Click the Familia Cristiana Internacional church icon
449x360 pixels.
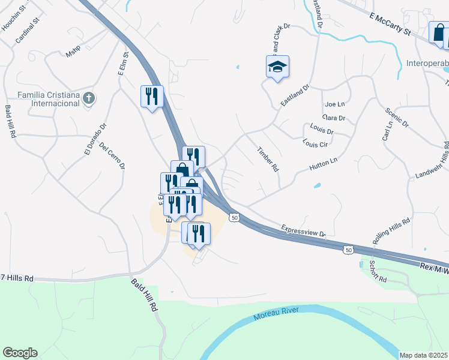pyautogui.click(x=89, y=98)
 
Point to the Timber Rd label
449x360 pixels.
pyautogui.click(x=268, y=160)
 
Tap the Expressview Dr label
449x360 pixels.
pyautogui.click(x=303, y=230)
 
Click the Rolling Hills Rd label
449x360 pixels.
pyautogui.click(x=391, y=231)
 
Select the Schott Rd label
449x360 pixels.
pyautogui.click(x=377, y=272)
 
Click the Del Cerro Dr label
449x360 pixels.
pyautogui.click(x=112, y=155)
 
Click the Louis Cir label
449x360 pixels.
pyautogui.click(x=315, y=144)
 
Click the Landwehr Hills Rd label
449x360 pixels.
pyautogui.click(x=432, y=161)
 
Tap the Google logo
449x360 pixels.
pyautogui.click(x=20, y=353)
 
